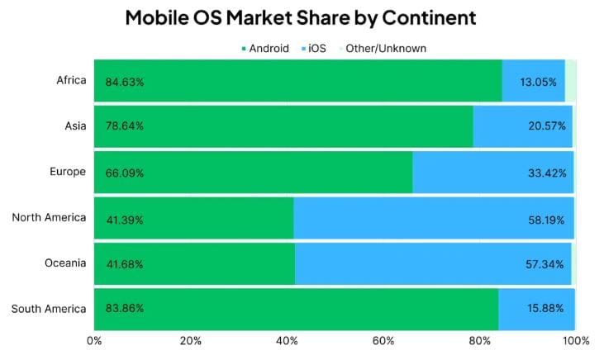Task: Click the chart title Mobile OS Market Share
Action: (301, 17)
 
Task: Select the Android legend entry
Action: (264, 48)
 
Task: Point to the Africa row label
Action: (70, 80)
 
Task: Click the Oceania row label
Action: (64, 263)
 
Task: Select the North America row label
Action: (49, 217)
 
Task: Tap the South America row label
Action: (49, 309)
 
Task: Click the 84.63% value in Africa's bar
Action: (125, 82)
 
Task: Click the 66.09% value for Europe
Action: (125, 173)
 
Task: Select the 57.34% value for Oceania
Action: (546, 264)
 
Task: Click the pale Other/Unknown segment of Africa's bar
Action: (570, 81)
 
